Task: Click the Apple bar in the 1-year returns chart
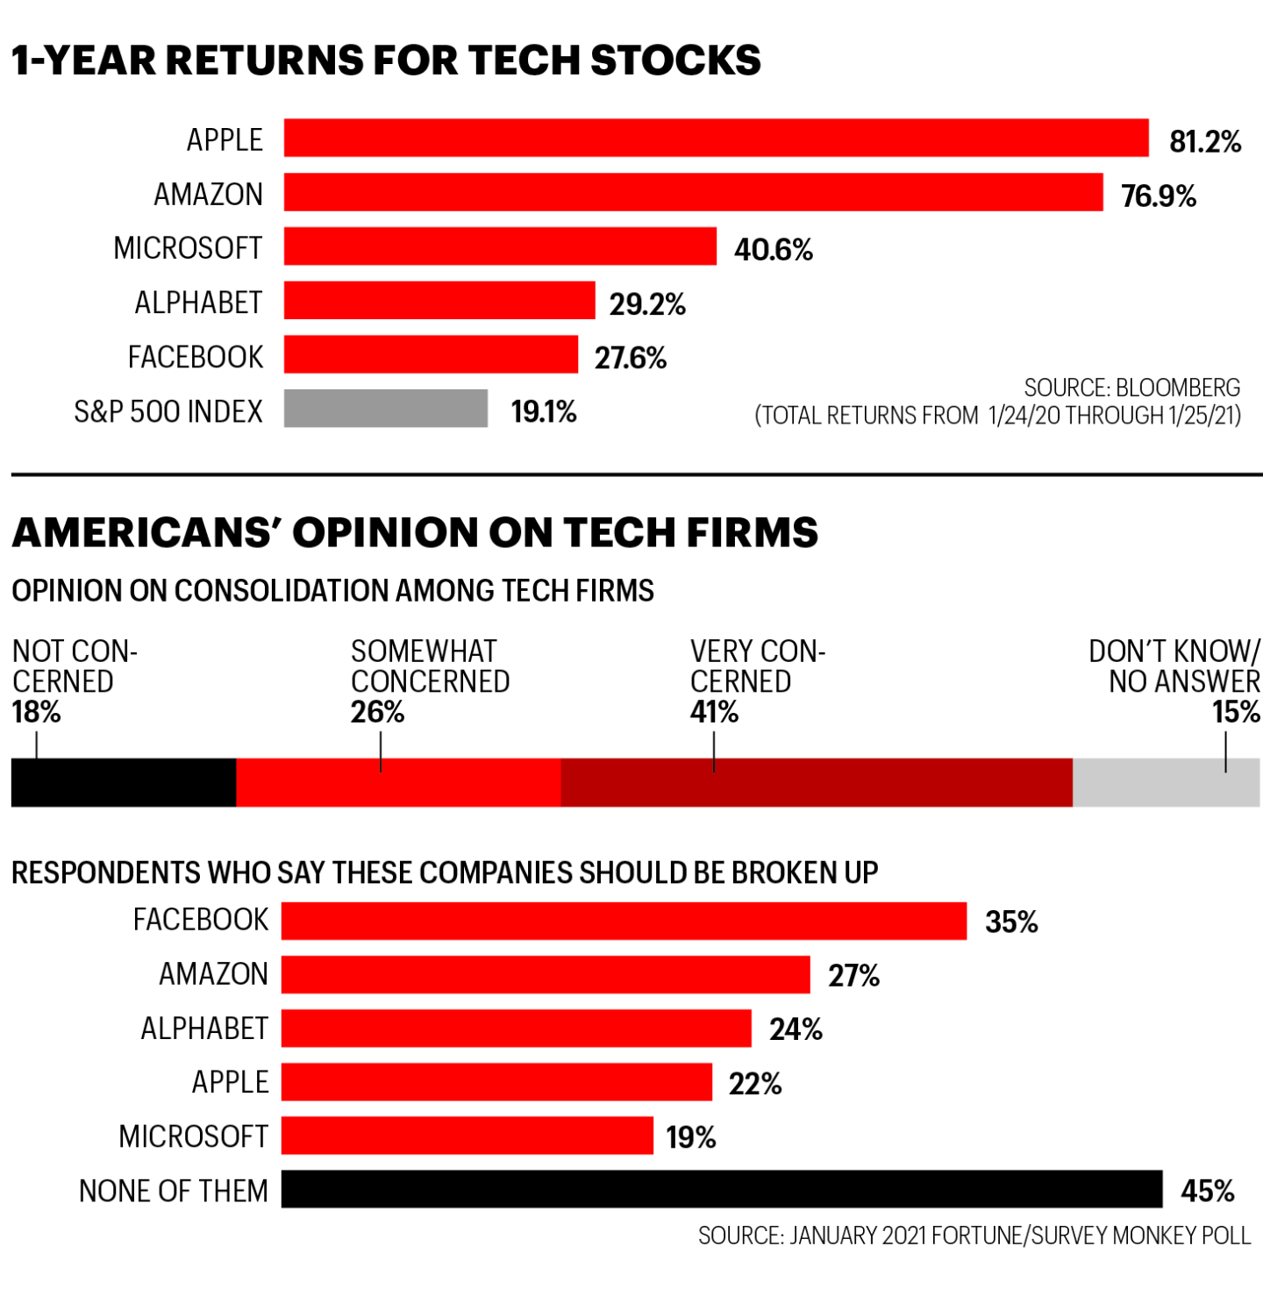tap(716, 139)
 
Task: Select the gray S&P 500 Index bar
tap(386, 409)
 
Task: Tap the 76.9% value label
tap(1158, 196)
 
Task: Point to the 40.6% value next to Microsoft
tap(773, 250)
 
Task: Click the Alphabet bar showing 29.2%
tap(439, 301)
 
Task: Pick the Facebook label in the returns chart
tap(195, 357)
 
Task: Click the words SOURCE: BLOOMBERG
tap(1131, 388)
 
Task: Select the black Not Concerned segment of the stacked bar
tap(124, 782)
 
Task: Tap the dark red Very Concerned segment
tap(816, 782)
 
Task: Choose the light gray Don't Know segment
tap(1166, 782)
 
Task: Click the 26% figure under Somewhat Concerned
tap(377, 712)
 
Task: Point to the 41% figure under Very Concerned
tap(714, 712)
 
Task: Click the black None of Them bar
tap(721, 1189)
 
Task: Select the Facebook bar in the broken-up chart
tap(624, 921)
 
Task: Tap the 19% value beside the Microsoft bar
tap(690, 1137)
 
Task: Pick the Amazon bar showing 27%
tap(546, 974)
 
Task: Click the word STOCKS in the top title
tap(675, 61)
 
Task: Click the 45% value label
tap(1207, 1191)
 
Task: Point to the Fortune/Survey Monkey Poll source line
tap(974, 1235)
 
